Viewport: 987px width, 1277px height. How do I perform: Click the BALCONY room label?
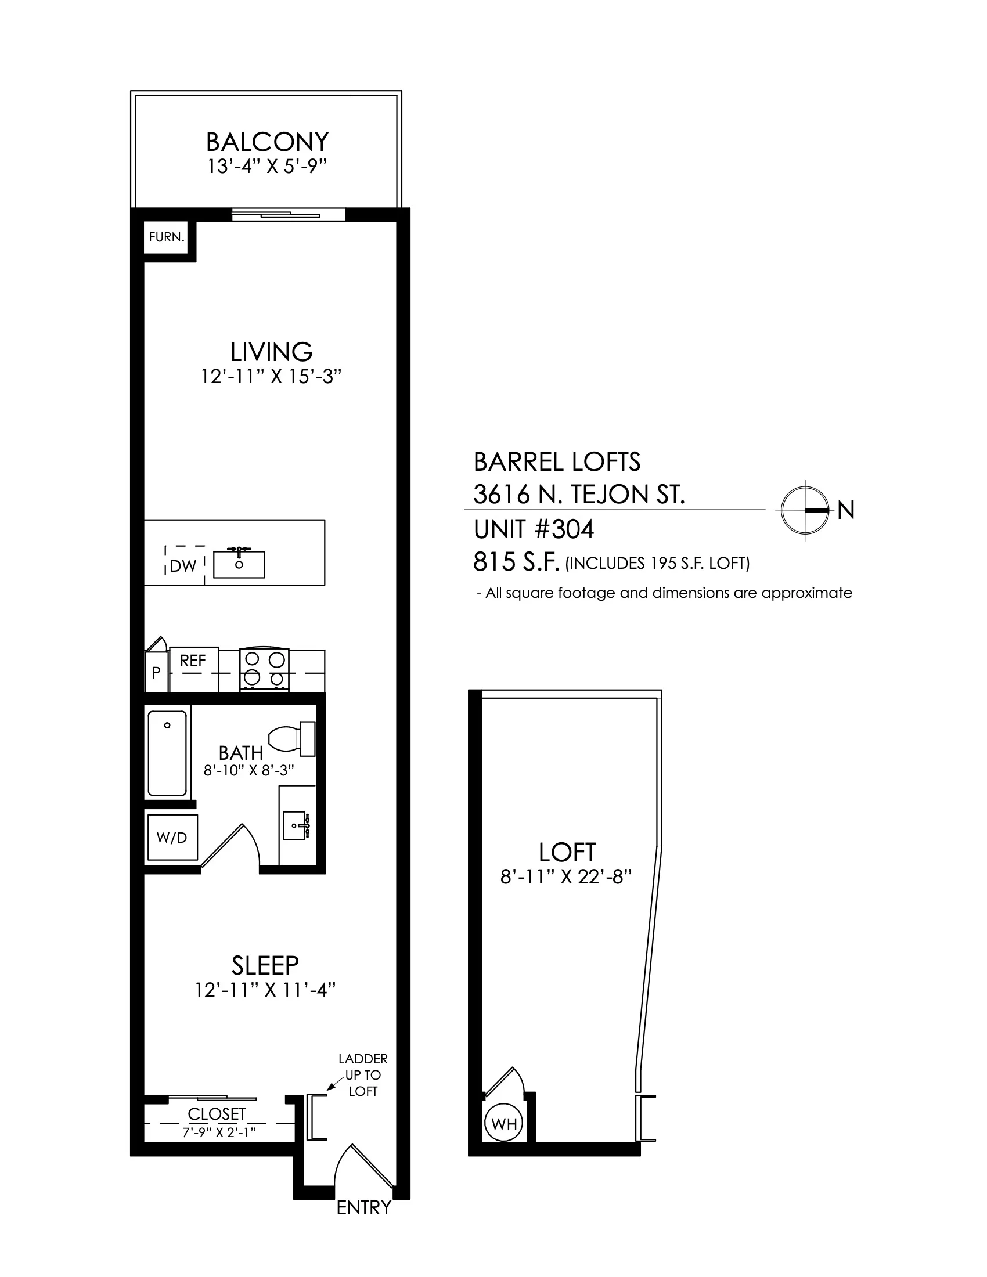click(267, 142)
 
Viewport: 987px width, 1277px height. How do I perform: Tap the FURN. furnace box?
click(167, 237)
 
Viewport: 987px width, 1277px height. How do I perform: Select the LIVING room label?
click(271, 352)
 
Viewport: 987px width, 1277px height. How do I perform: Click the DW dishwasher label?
click(183, 566)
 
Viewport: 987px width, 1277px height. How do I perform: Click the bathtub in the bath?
click(167, 753)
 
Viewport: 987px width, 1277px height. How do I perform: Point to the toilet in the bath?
click(292, 738)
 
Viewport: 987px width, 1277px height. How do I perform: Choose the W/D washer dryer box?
click(172, 837)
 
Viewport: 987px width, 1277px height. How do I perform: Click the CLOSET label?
click(217, 1114)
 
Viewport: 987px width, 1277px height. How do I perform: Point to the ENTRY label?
click(363, 1207)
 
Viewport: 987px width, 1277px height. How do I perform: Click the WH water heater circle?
click(504, 1124)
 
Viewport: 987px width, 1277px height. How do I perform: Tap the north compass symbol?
click(805, 510)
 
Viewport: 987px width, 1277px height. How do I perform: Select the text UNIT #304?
click(534, 529)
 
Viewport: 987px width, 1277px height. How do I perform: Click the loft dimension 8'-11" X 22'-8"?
click(567, 877)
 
